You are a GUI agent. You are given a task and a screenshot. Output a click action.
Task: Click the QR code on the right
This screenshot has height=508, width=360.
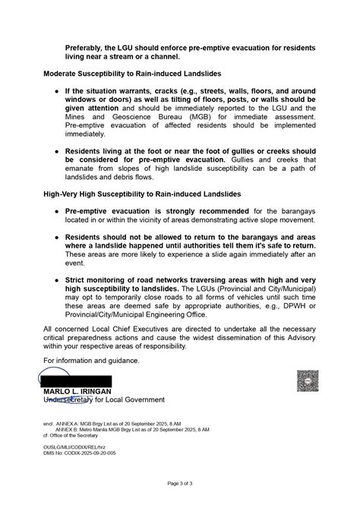coord(308,381)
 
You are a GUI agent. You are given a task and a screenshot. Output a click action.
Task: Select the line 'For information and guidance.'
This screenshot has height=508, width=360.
coord(93,359)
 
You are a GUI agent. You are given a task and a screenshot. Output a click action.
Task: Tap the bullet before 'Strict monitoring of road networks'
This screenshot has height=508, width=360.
coord(56,280)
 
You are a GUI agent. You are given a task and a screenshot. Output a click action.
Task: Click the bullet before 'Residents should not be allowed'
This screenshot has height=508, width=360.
coord(56,237)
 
